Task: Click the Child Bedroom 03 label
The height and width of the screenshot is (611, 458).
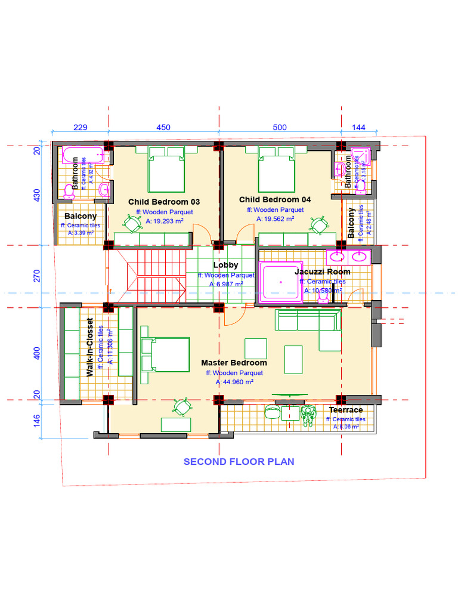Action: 160,202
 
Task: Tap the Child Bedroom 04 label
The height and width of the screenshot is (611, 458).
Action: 276,199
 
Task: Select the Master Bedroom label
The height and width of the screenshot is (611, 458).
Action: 234,363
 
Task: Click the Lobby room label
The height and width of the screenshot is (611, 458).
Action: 225,265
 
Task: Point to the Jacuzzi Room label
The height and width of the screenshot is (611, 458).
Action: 323,271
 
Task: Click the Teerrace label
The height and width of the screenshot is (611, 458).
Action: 346,410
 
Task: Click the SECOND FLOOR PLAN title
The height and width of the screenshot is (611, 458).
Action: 239,461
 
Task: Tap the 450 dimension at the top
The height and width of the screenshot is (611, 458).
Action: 163,127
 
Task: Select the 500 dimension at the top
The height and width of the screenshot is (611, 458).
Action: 280,127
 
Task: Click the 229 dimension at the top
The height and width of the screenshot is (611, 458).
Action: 81,127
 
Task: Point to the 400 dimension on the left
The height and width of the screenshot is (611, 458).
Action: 37,353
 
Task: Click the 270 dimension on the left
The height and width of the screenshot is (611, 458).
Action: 37,276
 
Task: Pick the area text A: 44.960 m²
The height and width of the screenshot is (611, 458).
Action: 234,382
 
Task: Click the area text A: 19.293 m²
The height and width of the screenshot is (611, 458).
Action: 165,221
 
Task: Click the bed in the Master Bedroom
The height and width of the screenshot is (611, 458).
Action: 165,354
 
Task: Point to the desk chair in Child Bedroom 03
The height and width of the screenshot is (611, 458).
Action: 132,223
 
